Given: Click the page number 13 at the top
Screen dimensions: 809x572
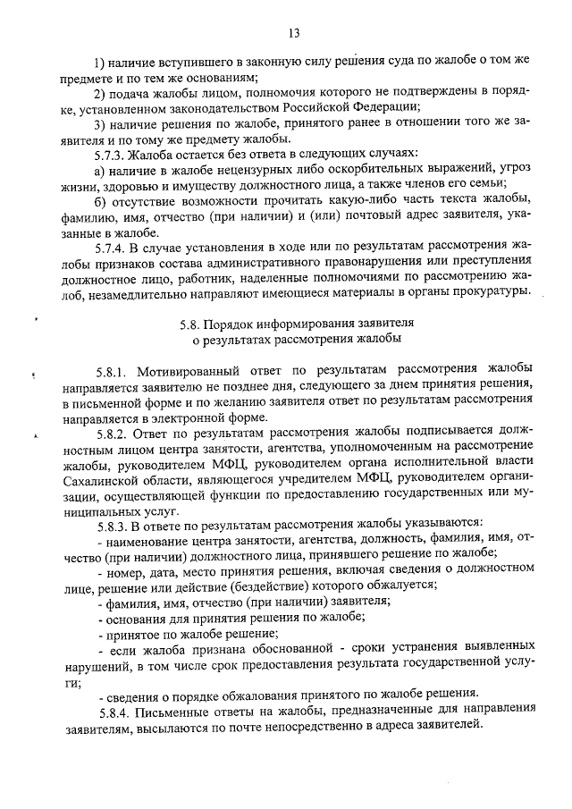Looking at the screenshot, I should (292, 33).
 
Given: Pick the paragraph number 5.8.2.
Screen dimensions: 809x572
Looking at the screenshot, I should (114, 431).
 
